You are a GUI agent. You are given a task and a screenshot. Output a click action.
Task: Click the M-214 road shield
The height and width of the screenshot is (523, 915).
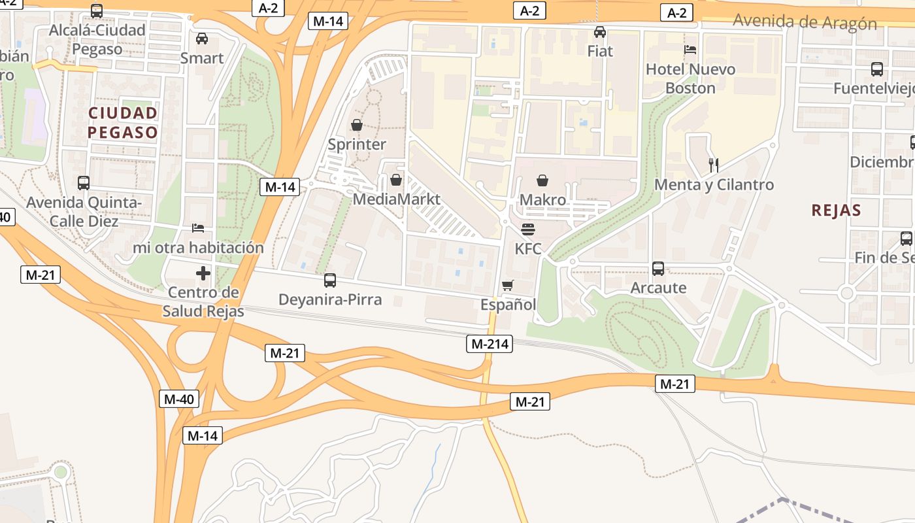tap(490, 344)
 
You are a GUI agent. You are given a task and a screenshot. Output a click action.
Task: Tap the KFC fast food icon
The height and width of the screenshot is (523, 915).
tap(528, 229)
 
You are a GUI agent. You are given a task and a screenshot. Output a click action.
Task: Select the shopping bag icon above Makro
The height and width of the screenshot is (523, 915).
tap(542, 180)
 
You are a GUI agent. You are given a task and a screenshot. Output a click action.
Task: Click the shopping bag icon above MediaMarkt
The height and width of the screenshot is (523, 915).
tap(395, 180)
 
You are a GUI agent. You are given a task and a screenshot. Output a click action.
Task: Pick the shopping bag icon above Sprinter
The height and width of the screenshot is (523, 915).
tap(357, 124)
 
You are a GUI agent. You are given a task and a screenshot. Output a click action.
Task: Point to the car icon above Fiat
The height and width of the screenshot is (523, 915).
tap(600, 31)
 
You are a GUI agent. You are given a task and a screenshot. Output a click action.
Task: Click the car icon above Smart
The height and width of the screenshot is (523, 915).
tap(202, 39)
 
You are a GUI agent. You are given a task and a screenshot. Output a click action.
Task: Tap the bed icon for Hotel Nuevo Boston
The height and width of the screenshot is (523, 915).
tap(690, 50)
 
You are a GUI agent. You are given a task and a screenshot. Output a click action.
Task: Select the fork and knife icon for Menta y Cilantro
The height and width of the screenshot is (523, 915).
tap(714, 165)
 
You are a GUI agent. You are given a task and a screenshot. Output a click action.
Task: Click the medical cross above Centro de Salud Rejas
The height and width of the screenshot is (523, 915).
tap(203, 273)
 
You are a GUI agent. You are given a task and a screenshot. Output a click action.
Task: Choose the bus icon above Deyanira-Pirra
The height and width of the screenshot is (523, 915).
tap(330, 280)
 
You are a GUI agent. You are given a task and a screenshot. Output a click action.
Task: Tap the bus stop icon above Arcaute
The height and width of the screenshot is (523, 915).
tap(658, 269)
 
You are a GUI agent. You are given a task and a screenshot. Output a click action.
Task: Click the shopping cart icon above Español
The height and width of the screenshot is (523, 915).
tap(508, 286)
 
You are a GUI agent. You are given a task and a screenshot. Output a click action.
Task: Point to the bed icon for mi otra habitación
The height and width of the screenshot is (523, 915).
tap(198, 228)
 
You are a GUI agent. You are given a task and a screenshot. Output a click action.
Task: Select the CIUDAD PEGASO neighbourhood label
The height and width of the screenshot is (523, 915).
tap(123, 123)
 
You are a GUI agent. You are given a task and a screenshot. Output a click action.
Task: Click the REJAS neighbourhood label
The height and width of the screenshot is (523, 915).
tap(836, 211)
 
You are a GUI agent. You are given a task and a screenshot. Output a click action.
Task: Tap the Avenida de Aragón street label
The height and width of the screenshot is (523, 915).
tap(805, 22)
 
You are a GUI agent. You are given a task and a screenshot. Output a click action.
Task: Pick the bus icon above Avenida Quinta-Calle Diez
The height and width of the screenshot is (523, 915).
tap(84, 183)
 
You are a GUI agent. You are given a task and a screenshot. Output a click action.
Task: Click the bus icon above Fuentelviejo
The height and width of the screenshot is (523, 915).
tap(877, 69)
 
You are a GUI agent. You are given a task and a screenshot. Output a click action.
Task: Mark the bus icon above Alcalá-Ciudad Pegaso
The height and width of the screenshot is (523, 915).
tap(97, 11)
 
